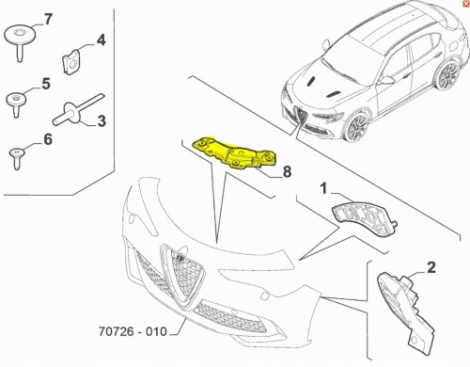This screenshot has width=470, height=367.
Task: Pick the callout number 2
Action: tap(431, 268)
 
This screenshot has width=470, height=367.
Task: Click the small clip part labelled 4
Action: tap(69, 61)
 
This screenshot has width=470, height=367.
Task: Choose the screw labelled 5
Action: tap(17, 101)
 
